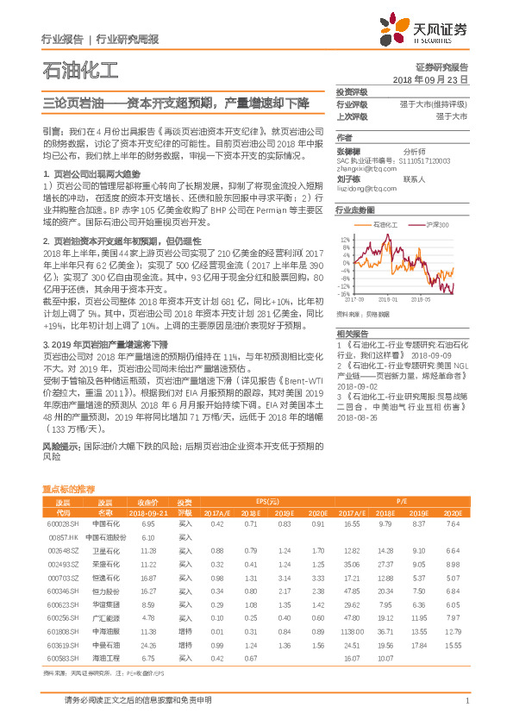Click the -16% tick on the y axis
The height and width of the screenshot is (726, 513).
pyautogui.click(x=344, y=294)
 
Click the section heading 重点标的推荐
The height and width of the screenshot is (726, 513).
pyautogui.click(x=69, y=488)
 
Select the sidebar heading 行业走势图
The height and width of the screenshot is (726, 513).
pyautogui.click(x=354, y=210)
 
